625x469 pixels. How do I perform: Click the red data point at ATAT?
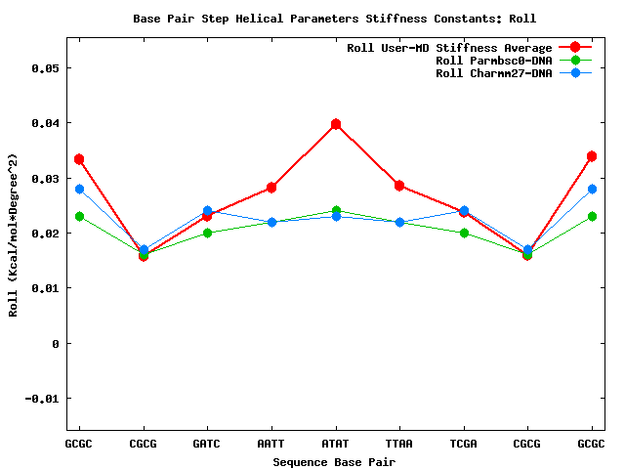tap(335, 124)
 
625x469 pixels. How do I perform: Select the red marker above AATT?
tap(271, 188)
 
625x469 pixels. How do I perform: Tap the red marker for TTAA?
tap(399, 186)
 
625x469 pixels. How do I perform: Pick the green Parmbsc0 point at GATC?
tap(207, 233)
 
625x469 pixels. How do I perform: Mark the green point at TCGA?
tap(464, 233)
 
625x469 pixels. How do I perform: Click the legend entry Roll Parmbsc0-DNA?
tap(493, 61)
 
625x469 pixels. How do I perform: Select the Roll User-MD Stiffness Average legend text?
tap(449, 48)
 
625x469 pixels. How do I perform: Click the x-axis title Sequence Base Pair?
tap(334, 461)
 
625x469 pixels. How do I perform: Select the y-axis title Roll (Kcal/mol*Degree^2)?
tap(14, 234)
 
